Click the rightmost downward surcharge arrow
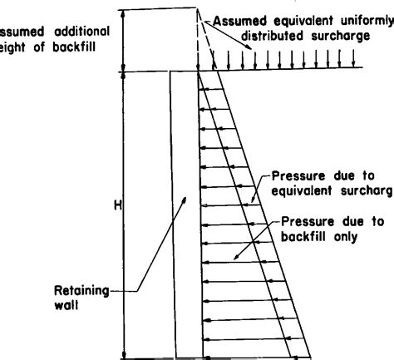355,60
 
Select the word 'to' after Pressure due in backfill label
373,222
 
